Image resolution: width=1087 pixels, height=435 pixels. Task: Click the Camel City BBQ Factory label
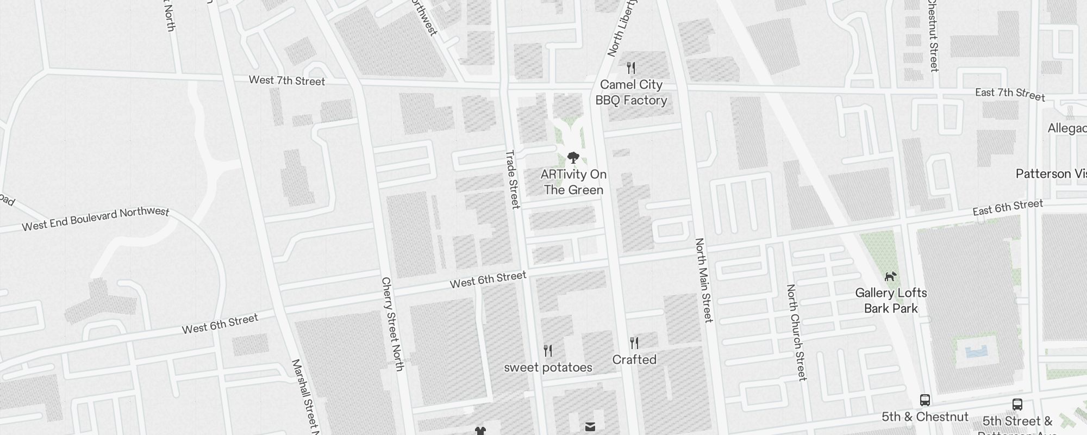631,92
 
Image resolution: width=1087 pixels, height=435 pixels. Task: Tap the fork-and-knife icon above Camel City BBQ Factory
631,68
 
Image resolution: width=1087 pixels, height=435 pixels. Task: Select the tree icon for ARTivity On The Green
573,158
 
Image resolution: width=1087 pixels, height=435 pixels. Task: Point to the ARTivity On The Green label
573,182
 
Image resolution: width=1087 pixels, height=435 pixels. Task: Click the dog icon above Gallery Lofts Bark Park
890,277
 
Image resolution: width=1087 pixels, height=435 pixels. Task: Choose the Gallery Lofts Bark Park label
891,301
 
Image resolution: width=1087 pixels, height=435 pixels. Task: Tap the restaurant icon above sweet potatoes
548,351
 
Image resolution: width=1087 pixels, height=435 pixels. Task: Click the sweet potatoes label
548,368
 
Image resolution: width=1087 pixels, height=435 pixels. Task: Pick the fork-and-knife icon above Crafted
634,343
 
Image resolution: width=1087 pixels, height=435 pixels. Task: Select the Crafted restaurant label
634,359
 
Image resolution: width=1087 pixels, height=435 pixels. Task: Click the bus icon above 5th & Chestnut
924,400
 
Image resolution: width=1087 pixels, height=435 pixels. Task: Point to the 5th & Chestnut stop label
924,417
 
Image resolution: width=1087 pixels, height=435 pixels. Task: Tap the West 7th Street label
287,80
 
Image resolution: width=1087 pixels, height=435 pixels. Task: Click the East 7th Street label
1010,94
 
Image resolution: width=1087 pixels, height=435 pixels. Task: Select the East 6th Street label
1008,207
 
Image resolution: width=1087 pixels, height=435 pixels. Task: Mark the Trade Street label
513,179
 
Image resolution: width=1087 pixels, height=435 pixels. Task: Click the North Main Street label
704,280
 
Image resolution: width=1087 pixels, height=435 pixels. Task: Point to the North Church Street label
796,332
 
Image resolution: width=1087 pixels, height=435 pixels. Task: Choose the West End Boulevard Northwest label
96,219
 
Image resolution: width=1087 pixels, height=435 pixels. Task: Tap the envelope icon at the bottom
590,427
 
